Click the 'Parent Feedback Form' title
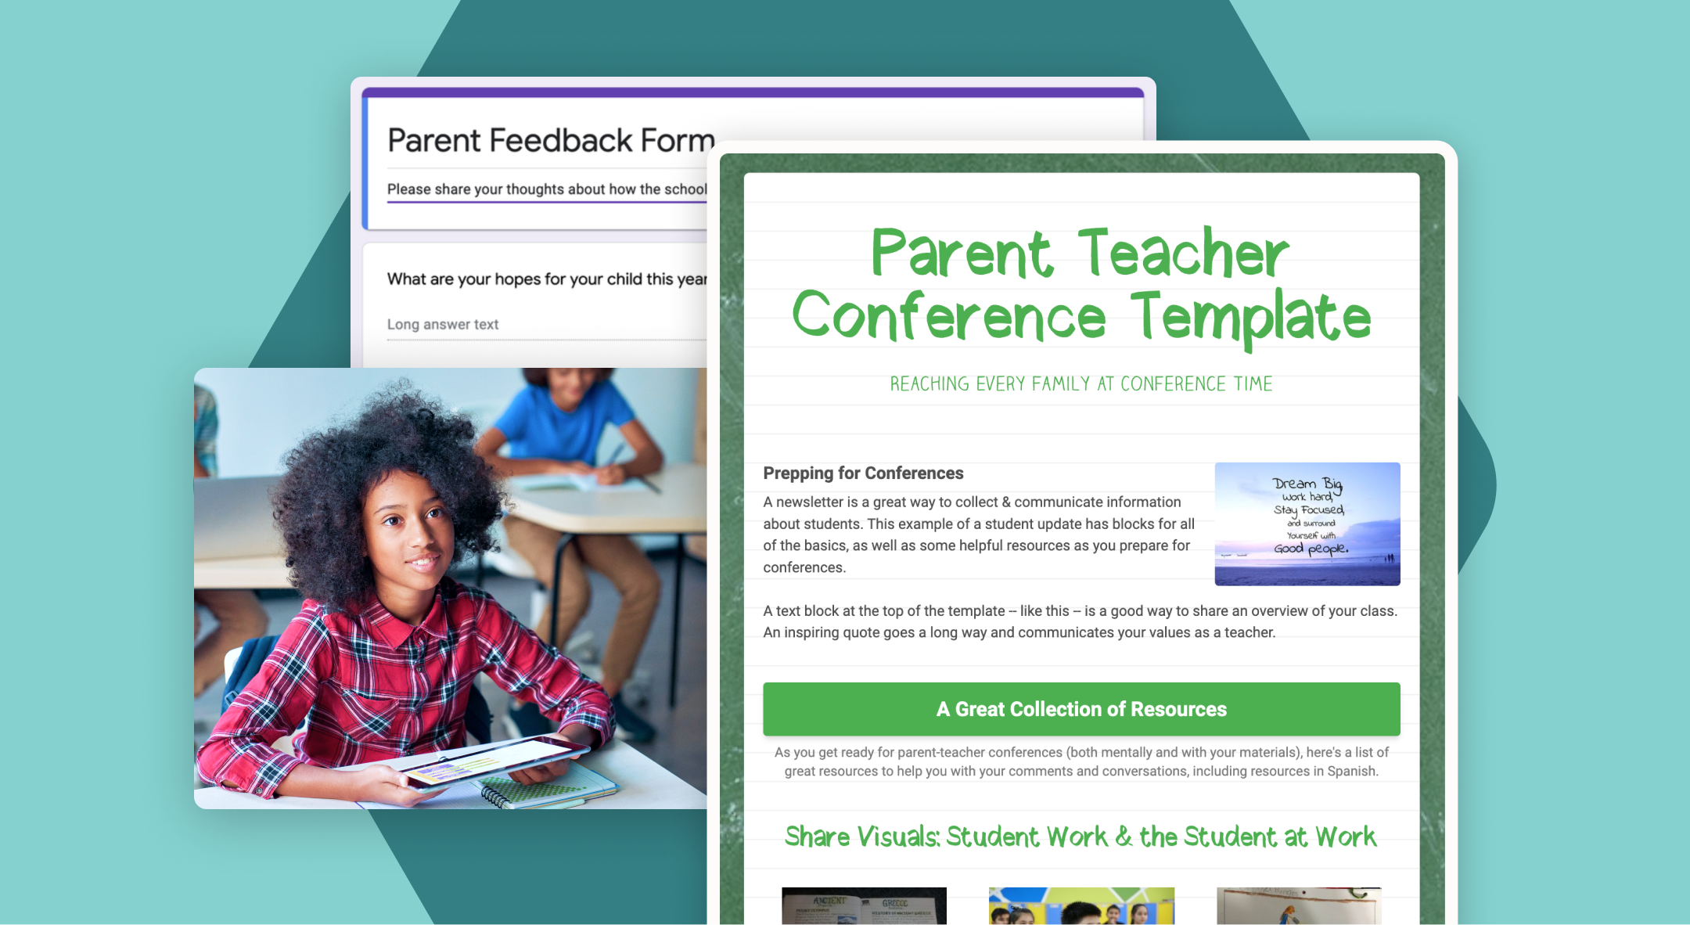tap(551, 141)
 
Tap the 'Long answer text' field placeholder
tap(443, 324)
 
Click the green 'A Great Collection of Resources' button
tap(1081, 709)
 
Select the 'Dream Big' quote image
tap(1307, 524)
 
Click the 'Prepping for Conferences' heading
tap(863, 473)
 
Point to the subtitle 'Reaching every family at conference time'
tap(1081, 384)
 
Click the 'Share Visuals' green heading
tap(1080, 837)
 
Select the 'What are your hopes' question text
tap(546, 279)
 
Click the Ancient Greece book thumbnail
tap(864, 906)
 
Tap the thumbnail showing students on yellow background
tap(1081, 906)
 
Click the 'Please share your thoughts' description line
tap(546, 189)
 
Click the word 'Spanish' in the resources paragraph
tap(1351, 771)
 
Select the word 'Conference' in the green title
tap(949, 318)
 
